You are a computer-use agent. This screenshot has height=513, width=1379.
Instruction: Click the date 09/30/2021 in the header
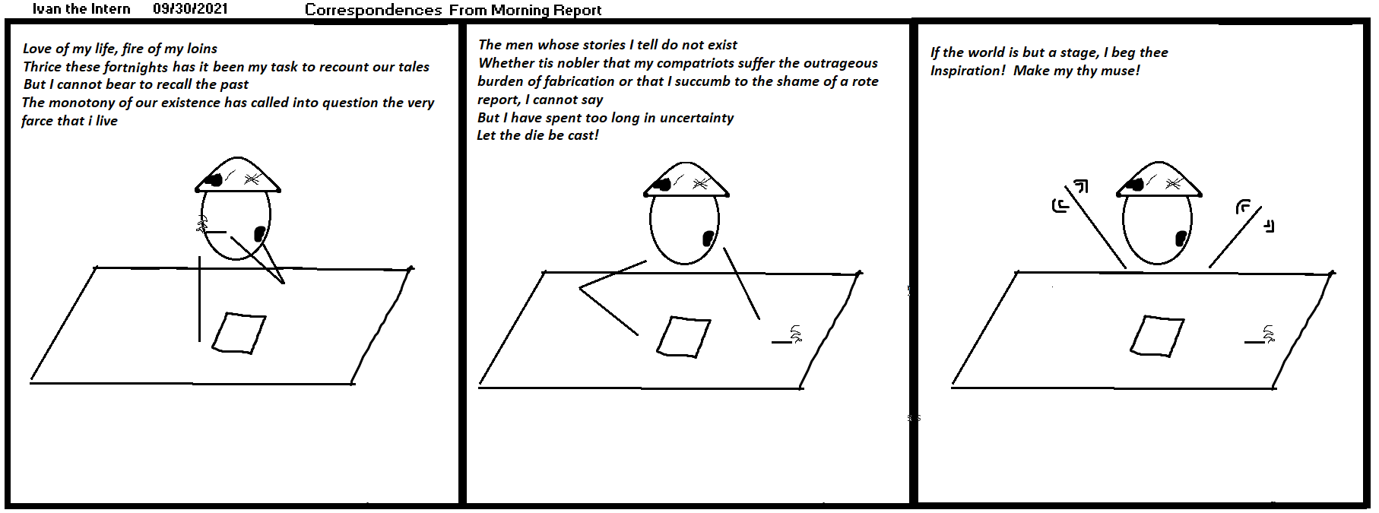(x=190, y=9)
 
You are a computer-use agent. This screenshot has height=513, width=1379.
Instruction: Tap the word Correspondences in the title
(x=373, y=11)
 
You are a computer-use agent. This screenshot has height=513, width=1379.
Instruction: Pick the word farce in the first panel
(x=38, y=121)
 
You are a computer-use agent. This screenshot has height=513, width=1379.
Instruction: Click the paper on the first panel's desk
(x=239, y=333)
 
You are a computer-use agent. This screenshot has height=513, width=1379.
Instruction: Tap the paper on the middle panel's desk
(x=683, y=337)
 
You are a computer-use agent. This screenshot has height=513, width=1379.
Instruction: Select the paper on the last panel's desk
(x=1157, y=336)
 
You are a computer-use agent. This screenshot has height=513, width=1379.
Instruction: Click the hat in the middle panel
(x=686, y=179)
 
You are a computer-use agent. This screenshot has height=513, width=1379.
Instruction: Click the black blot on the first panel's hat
(x=214, y=180)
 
